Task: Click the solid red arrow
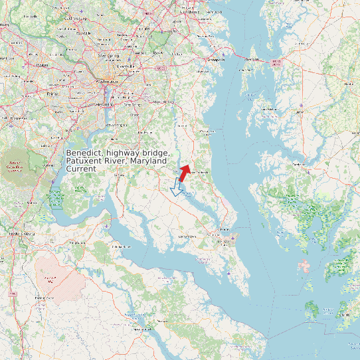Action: point(184,173)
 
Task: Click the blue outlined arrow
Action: point(177,187)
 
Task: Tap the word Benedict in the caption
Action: point(84,153)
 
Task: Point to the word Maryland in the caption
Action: point(151,161)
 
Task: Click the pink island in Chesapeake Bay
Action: point(304,268)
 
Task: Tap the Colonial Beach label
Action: point(122,246)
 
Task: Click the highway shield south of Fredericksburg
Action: point(12,293)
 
